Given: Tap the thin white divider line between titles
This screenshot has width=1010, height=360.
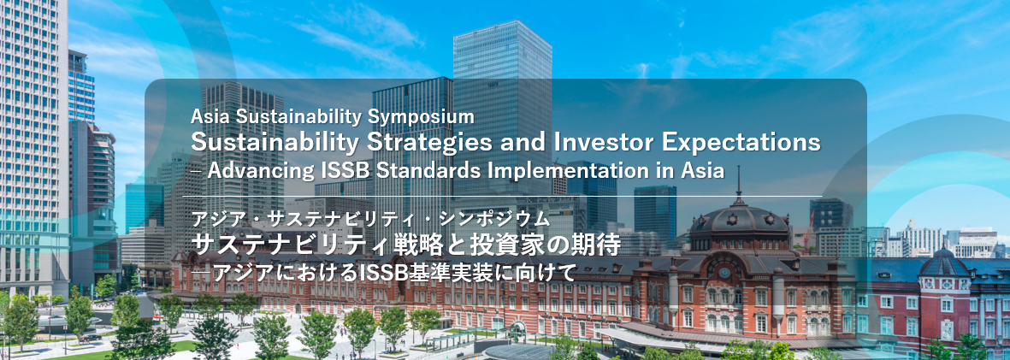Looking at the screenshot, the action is (x=502, y=196).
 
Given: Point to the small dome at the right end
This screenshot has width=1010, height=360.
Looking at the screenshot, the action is (x=944, y=263).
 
